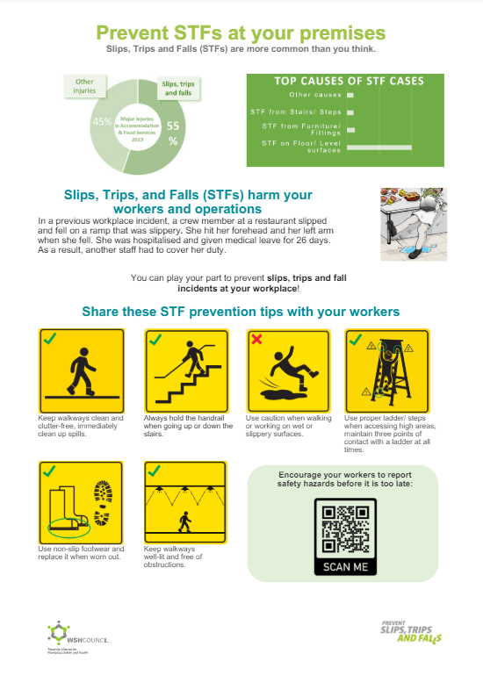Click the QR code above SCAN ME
344,527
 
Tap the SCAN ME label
344,566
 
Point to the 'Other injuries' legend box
85,86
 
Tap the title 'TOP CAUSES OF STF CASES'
349,81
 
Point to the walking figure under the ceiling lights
185,523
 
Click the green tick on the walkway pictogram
51,339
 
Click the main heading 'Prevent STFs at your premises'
240,32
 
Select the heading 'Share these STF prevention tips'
240,312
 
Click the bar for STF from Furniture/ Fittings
352,129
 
